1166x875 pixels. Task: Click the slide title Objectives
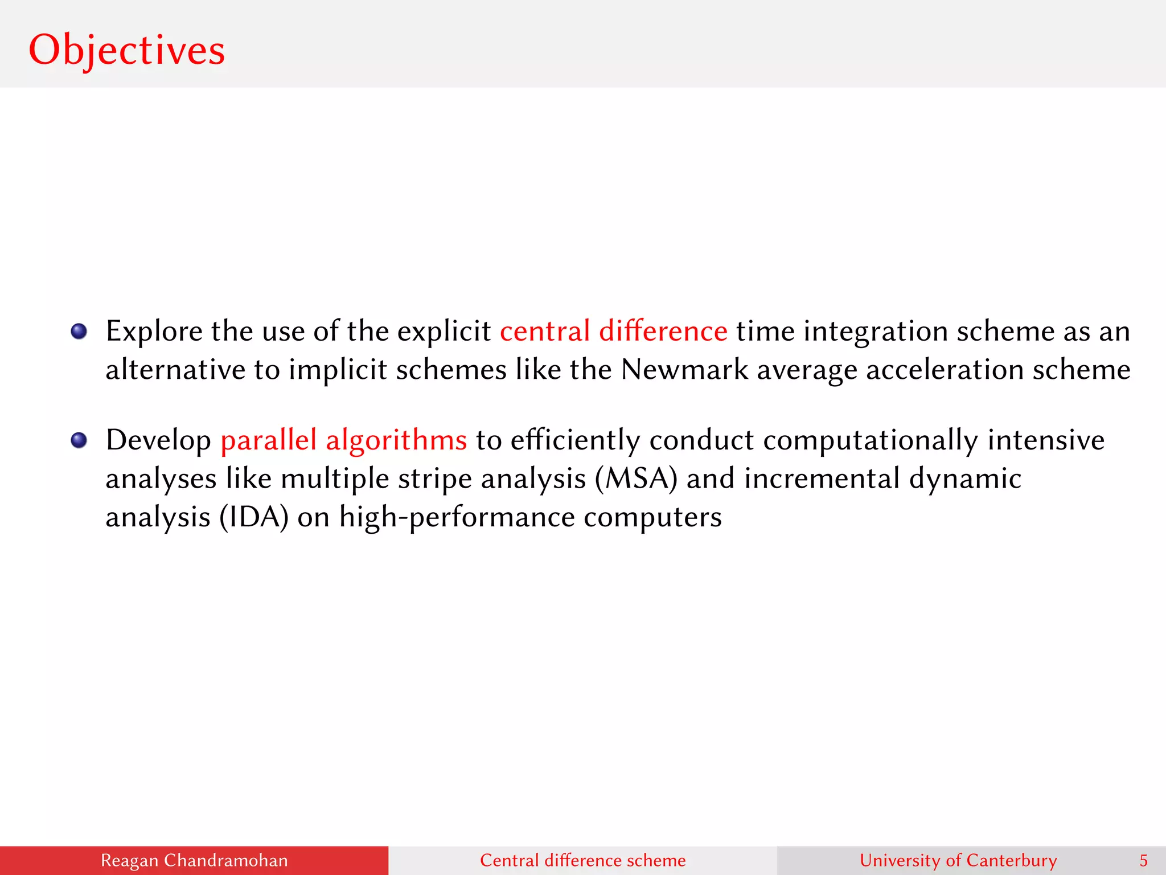[x=126, y=50]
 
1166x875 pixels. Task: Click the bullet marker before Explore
[x=79, y=332]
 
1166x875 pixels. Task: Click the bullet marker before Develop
[x=79, y=440]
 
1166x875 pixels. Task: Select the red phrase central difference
[x=613, y=331]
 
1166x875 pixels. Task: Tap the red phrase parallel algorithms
[x=343, y=440]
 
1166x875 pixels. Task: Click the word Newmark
[x=684, y=370]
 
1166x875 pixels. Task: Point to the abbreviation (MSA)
[x=636, y=479]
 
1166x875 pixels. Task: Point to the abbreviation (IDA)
[x=254, y=517]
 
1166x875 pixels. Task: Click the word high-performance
[x=457, y=517]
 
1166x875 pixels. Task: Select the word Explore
[x=154, y=331]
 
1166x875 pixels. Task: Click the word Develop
[x=158, y=440]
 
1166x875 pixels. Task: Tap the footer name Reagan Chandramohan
[x=194, y=860]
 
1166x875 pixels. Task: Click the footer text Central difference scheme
[x=582, y=860]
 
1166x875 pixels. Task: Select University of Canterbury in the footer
[x=958, y=860]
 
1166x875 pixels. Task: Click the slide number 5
[x=1143, y=860]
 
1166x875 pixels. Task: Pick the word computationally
[x=870, y=440]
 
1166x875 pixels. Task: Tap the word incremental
[x=822, y=479]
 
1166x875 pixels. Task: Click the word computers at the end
[x=652, y=517]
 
